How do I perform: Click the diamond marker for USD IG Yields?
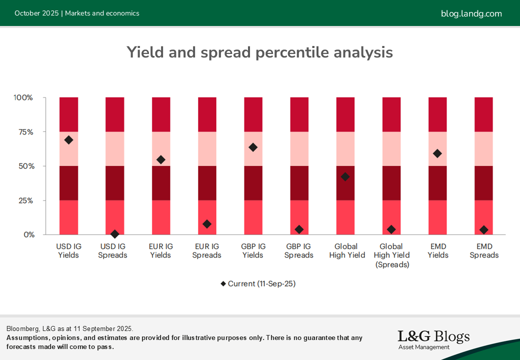(x=68, y=140)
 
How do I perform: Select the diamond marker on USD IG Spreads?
(x=114, y=234)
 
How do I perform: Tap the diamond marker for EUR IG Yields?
(x=160, y=159)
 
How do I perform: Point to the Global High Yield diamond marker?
(x=345, y=176)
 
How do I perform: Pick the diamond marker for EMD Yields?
(x=437, y=153)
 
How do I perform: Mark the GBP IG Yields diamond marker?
(x=253, y=147)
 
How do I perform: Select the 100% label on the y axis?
(x=23, y=97)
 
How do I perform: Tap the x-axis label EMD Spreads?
(x=483, y=250)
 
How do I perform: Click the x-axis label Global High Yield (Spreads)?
(x=391, y=255)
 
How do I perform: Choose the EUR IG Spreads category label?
(x=206, y=250)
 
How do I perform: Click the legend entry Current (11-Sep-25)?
(x=258, y=283)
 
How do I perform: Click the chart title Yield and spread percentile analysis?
(x=259, y=52)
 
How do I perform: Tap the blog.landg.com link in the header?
(x=471, y=13)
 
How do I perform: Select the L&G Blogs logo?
(x=433, y=339)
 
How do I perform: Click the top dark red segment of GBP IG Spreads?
(x=299, y=114)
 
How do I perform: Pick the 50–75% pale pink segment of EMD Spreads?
(x=483, y=149)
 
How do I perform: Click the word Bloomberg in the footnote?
(x=23, y=328)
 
